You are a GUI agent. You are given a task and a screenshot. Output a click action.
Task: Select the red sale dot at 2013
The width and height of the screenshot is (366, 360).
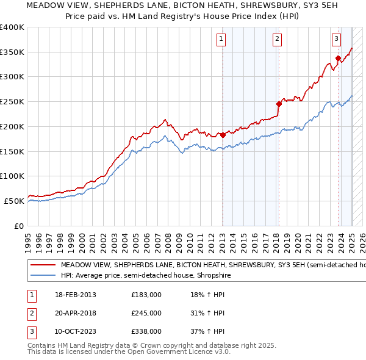coord(223,134)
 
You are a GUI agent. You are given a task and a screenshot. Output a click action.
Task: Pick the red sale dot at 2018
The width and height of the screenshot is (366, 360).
coord(279,104)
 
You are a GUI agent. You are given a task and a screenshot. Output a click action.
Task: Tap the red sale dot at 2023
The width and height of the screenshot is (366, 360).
coord(338,58)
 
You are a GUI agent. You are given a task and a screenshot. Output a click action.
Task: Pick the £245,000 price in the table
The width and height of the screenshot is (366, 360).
coord(146,313)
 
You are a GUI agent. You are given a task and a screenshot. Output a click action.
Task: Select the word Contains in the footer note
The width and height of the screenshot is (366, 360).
coord(43,345)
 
